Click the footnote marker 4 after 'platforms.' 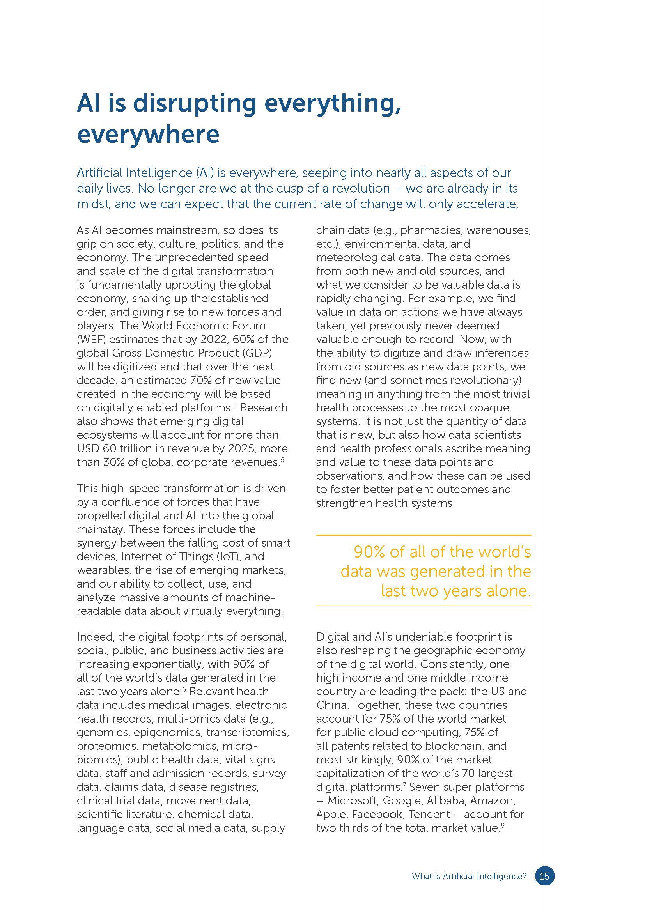(235, 405)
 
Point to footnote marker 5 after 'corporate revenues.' (282, 459)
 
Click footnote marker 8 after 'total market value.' (502, 825)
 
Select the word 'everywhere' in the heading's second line (148, 134)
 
